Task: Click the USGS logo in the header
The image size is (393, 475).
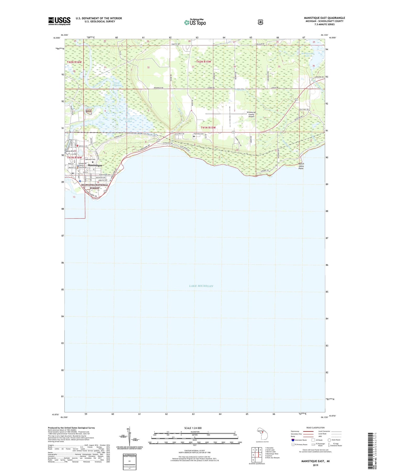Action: [59, 21]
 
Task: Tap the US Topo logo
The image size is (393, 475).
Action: [195, 22]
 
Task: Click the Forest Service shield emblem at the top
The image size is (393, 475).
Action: [260, 22]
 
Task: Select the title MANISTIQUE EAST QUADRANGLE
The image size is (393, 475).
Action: [324, 18]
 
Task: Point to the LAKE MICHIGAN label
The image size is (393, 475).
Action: [201, 286]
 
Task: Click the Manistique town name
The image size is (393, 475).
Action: [95, 165]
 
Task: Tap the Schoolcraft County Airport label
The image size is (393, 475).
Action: [251, 114]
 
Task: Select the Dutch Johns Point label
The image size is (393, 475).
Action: [301, 166]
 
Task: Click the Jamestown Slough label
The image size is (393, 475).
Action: [128, 120]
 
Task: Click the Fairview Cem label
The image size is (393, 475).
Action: [199, 134]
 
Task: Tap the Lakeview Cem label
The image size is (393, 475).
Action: [90, 159]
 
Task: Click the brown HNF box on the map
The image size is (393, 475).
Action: [89, 111]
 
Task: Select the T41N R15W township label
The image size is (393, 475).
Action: [208, 128]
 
